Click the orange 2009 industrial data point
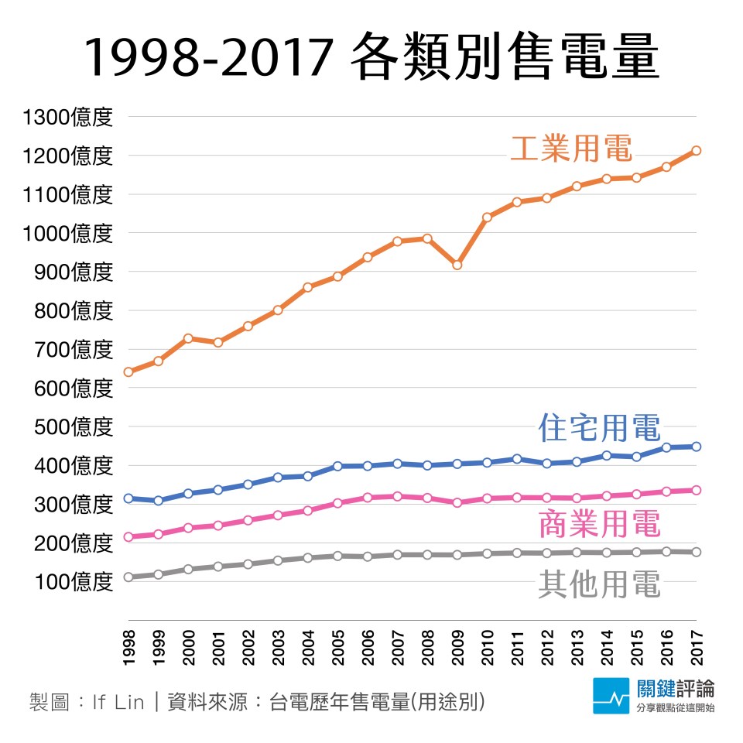tap(457, 265)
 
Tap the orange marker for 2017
tap(696, 151)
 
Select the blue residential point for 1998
tap(128, 498)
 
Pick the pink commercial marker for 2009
tap(457, 503)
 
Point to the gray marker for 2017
tap(696, 552)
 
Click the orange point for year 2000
tap(188, 338)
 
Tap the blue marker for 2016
tap(666, 447)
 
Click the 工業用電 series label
tap(571, 149)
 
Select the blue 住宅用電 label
tap(599, 427)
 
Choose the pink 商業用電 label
tap(599, 524)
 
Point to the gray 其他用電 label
tap(599, 584)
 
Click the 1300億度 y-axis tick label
tap(68, 117)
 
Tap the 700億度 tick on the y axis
tap(74, 350)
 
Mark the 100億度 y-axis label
tap(74, 582)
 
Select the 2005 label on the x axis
tap(338, 648)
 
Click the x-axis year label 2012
tap(547, 648)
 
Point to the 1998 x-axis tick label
tap(129, 648)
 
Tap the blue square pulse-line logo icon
tap(611, 696)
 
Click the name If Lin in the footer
tap(118, 702)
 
